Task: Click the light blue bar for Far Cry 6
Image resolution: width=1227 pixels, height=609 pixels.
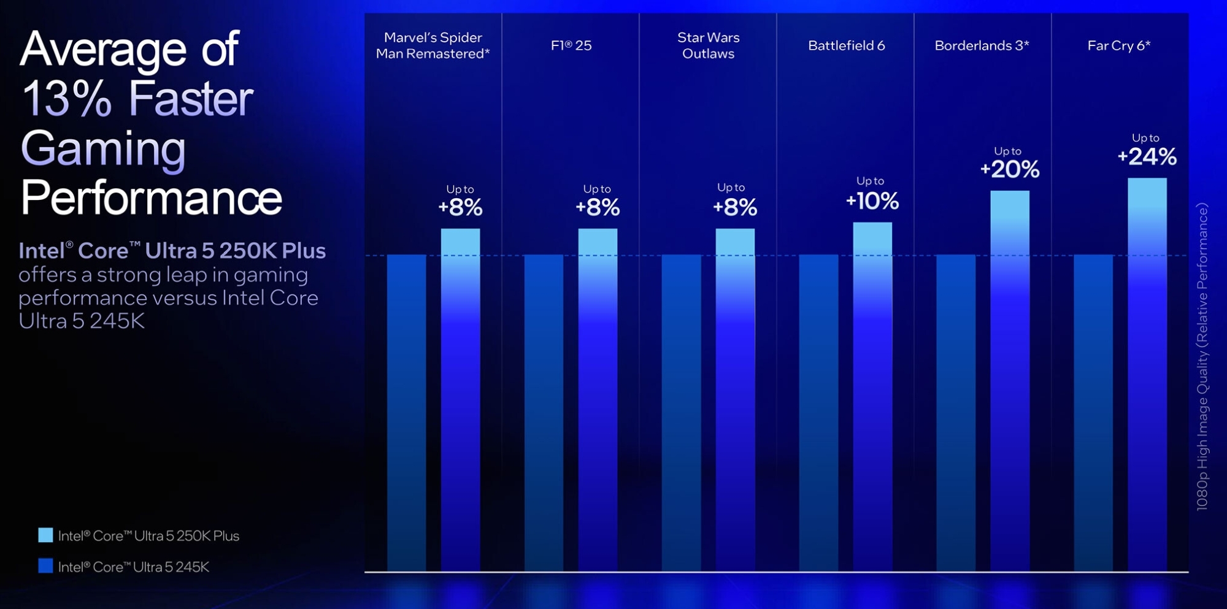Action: coord(1147,374)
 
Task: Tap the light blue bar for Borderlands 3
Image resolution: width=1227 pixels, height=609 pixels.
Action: coord(1010,380)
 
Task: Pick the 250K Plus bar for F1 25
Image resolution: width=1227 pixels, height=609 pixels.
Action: coord(598,399)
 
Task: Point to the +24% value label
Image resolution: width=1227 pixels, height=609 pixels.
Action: coord(1147,157)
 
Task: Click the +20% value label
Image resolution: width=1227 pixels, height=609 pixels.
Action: coord(1010,169)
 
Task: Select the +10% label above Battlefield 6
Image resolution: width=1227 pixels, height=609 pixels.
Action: coord(872,201)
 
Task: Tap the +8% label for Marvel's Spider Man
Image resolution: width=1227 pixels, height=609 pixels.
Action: coord(460,207)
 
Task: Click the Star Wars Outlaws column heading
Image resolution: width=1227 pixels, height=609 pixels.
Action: coord(708,45)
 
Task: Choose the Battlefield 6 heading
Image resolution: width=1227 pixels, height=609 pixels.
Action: coord(846,45)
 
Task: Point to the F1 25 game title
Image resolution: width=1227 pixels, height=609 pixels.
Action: coord(571,45)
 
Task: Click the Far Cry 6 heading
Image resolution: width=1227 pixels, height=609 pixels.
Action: coord(1118,45)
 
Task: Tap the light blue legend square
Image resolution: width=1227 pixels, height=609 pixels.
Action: coord(45,535)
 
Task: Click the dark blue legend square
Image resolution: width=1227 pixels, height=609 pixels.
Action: coord(45,565)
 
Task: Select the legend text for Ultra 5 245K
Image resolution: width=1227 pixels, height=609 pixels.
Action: coord(133,567)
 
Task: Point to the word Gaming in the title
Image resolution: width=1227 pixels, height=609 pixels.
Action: coord(103,148)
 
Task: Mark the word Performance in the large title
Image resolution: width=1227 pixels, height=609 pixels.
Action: coord(151,198)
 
